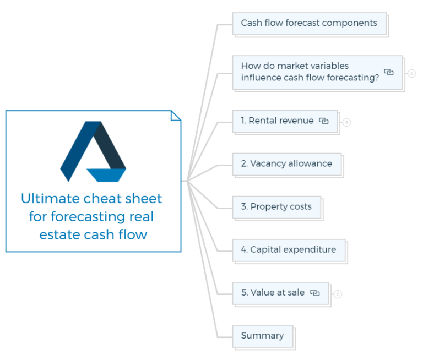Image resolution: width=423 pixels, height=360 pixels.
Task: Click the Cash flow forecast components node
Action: tap(309, 23)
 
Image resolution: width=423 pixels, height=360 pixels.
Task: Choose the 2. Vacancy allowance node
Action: tap(286, 163)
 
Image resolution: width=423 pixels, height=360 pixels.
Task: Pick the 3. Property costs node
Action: tap(276, 207)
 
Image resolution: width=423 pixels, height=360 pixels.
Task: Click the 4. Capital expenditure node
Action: tap(288, 250)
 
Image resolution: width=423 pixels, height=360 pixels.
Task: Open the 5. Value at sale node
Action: tap(273, 293)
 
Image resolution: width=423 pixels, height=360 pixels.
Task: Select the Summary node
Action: tap(262, 336)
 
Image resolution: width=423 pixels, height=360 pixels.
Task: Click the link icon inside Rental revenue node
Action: tap(324, 121)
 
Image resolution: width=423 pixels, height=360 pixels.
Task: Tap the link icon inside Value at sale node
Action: tap(315, 293)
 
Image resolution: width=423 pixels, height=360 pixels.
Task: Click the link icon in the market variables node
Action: tap(389, 72)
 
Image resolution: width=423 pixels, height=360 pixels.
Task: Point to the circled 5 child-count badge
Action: tap(411, 73)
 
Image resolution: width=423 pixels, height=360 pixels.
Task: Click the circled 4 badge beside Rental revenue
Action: tap(346, 122)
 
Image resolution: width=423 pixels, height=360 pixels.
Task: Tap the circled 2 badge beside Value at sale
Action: tap(338, 294)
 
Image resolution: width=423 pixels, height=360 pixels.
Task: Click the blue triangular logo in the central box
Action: tap(93, 151)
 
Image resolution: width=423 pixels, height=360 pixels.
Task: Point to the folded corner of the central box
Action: tap(176, 116)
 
